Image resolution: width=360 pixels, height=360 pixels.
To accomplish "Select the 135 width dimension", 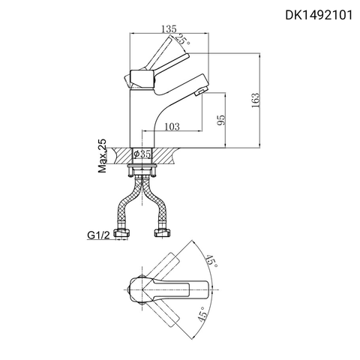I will click(x=169, y=29).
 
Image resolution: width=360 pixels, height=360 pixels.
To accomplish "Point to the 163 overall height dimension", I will click(x=256, y=99).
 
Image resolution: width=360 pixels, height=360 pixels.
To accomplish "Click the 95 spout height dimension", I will click(x=220, y=121).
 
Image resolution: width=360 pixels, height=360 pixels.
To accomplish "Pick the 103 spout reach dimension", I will click(x=172, y=127).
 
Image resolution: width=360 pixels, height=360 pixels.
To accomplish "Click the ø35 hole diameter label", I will click(x=143, y=154).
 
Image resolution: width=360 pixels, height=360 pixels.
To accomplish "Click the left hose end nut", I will click(x=121, y=234).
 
